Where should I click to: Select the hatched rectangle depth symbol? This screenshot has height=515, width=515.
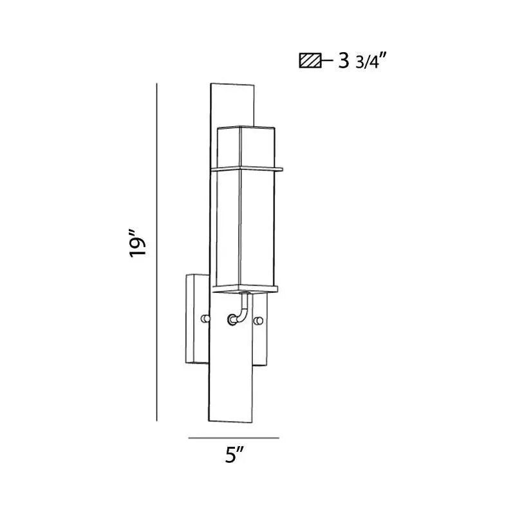pos(310,62)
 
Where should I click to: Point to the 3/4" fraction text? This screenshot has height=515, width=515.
pos(371,62)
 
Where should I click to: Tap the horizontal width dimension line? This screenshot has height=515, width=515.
pos(234,438)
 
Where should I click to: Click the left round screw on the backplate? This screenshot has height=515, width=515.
pos(204,319)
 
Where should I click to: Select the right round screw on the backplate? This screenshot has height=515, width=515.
pos(259,320)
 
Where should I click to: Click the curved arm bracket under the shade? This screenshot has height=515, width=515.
pos(243,309)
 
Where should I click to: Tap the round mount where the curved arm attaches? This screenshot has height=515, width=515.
pos(231,318)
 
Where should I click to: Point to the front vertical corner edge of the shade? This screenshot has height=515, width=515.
pos(241,225)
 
